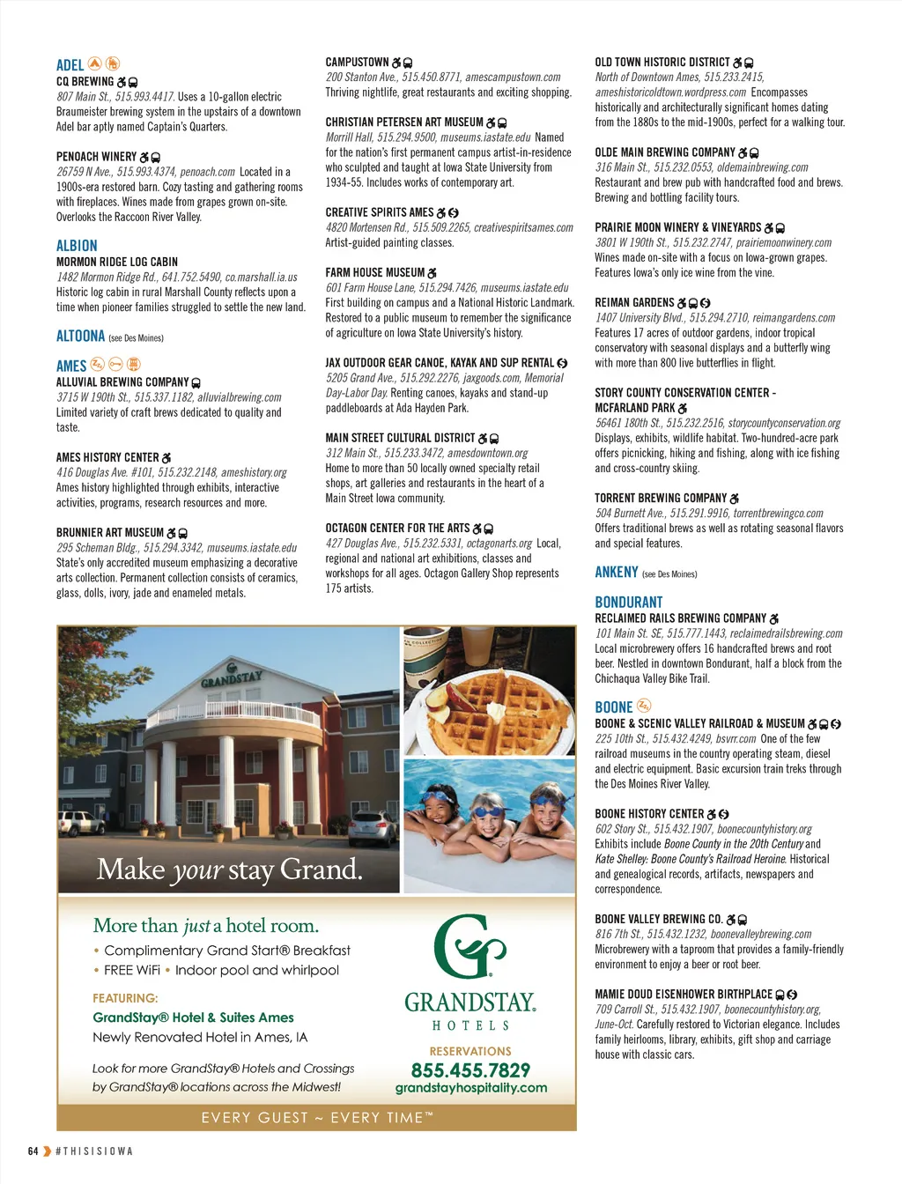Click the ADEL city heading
tap(70, 65)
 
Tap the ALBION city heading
tap(77, 246)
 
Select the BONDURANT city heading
tap(628, 603)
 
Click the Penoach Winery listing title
tap(97, 157)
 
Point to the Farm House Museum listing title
tap(375, 273)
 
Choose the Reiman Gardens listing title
tap(634, 303)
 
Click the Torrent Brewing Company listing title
tap(661, 499)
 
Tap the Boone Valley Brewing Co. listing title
tap(659, 920)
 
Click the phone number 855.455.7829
tap(470, 1070)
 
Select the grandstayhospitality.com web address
tap(470, 1088)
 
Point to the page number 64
tap(33, 1151)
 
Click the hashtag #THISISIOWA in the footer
tap(94, 1151)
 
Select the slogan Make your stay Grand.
tap(229, 869)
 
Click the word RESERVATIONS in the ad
tap(470, 1051)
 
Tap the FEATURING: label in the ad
tap(125, 998)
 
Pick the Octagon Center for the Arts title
tap(397, 529)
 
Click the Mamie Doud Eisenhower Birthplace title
tap(684, 995)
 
